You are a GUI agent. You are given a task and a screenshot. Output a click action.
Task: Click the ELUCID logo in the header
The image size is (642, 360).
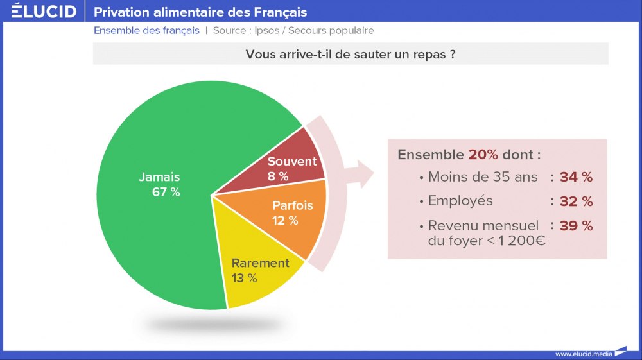(44, 11)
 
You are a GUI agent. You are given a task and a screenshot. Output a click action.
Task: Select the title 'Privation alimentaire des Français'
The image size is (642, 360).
(200, 12)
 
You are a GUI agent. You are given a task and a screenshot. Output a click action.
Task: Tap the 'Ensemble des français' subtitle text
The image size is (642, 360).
(146, 31)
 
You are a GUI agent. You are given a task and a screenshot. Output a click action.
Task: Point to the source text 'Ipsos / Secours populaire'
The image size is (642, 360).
(314, 31)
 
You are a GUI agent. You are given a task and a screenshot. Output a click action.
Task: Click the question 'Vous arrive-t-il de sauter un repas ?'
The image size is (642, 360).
(351, 55)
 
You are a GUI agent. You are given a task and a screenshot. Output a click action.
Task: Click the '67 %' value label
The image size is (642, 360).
(166, 192)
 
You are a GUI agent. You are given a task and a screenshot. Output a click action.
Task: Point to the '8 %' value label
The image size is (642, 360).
(278, 176)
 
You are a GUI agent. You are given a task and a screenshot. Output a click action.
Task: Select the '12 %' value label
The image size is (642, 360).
(285, 221)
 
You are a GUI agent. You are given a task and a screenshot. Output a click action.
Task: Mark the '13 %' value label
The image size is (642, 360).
(244, 279)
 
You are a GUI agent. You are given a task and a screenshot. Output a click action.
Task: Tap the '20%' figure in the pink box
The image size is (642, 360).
(483, 155)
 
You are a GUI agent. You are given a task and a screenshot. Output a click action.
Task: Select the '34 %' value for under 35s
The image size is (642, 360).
(576, 177)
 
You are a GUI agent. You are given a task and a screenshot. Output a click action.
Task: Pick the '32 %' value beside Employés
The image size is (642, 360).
(576, 201)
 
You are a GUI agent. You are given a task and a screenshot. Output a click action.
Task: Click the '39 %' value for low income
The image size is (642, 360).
(576, 226)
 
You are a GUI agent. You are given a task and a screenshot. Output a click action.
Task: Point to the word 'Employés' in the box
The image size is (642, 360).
(460, 201)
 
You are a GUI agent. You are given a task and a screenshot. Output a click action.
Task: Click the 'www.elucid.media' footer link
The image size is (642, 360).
(584, 354)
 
